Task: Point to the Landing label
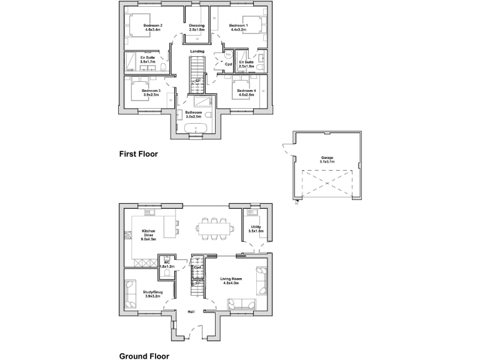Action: (197, 51)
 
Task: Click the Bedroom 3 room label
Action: (151, 93)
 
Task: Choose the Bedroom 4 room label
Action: (246, 93)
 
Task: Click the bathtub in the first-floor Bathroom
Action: (197, 129)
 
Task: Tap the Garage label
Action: (327, 159)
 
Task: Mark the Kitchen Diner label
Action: (149, 233)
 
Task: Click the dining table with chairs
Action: (211, 229)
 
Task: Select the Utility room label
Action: (256, 229)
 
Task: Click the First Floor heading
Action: (139, 153)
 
